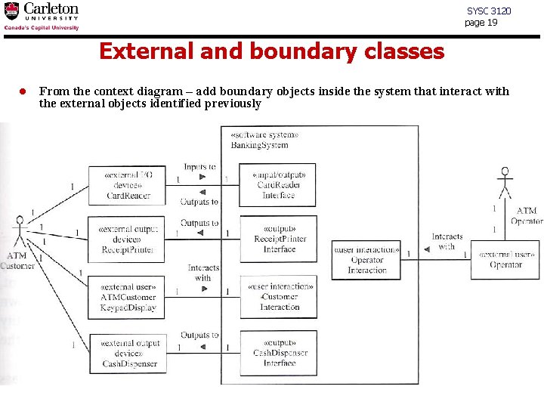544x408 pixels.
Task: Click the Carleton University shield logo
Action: tap(12, 11)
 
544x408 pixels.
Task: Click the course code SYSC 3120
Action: tap(488, 11)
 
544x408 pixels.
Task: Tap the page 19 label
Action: tap(481, 23)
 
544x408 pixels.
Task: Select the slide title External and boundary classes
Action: tap(271, 51)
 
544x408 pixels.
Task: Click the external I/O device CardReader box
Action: tap(128, 185)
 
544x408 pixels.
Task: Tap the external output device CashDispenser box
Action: tap(128, 353)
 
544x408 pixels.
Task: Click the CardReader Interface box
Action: tap(277, 185)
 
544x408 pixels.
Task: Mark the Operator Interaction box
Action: tap(366, 259)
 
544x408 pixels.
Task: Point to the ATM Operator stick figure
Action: tap(505, 184)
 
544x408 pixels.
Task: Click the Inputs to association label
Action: tap(199, 167)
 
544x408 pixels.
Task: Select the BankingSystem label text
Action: tap(259, 145)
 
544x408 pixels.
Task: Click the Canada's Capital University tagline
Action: tap(42, 27)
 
